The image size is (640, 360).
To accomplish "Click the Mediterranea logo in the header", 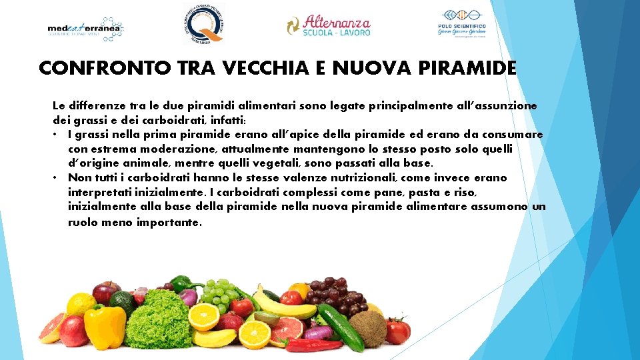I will point(85,28).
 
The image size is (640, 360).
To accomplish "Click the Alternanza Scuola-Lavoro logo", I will point(328,25).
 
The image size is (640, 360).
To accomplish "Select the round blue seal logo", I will point(204,24).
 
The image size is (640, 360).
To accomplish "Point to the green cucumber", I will point(340,327).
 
